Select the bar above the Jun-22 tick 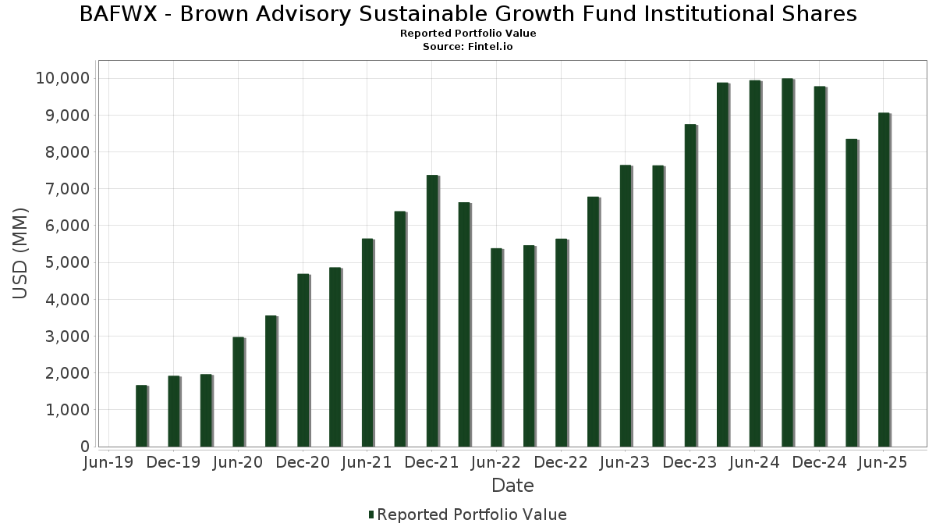(x=496, y=347)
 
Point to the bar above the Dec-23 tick (x=690, y=286)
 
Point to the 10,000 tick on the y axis (x=62, y=78)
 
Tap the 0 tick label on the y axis (x=84, y=447)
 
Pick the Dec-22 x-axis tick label (x=560, y=462)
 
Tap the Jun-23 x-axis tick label (x=625, y=462)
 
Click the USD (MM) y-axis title (x=21, y=253)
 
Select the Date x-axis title (x=512, y=486)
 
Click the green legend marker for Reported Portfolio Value (x=371, y=515)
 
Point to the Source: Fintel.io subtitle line (x=468, y=47)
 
